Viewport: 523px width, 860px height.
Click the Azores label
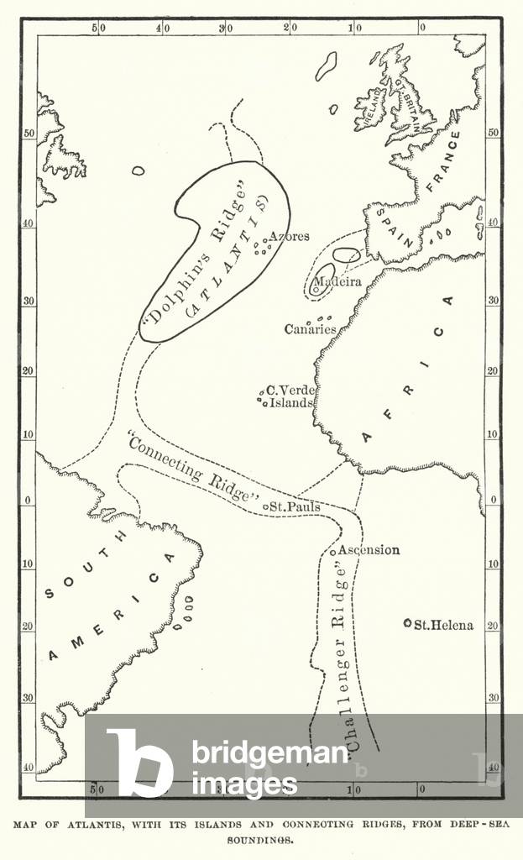point(290,237)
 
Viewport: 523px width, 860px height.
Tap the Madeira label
point(337,282)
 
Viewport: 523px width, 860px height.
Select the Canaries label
point(310,329)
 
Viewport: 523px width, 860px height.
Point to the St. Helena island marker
point(407,623)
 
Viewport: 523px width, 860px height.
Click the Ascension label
point(369,550)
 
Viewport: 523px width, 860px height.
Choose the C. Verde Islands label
point(290,396)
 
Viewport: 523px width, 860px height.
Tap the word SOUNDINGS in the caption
point(261,838)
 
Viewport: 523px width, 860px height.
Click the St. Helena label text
point(444,625)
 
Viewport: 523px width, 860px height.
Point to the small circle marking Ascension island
point(333,552)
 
